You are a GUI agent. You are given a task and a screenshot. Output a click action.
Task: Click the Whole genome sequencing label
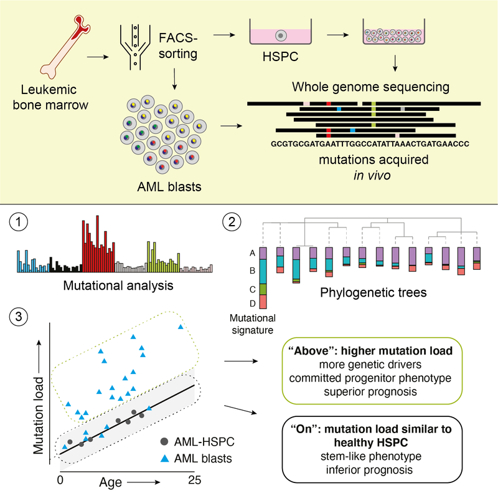380,86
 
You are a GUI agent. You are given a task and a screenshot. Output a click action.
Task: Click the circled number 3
22,317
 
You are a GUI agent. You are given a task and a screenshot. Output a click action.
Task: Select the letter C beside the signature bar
251,289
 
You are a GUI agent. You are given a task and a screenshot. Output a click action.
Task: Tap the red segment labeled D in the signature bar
263,302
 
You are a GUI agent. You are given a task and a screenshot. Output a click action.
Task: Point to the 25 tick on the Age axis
194,481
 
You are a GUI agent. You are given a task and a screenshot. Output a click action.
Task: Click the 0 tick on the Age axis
60,481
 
